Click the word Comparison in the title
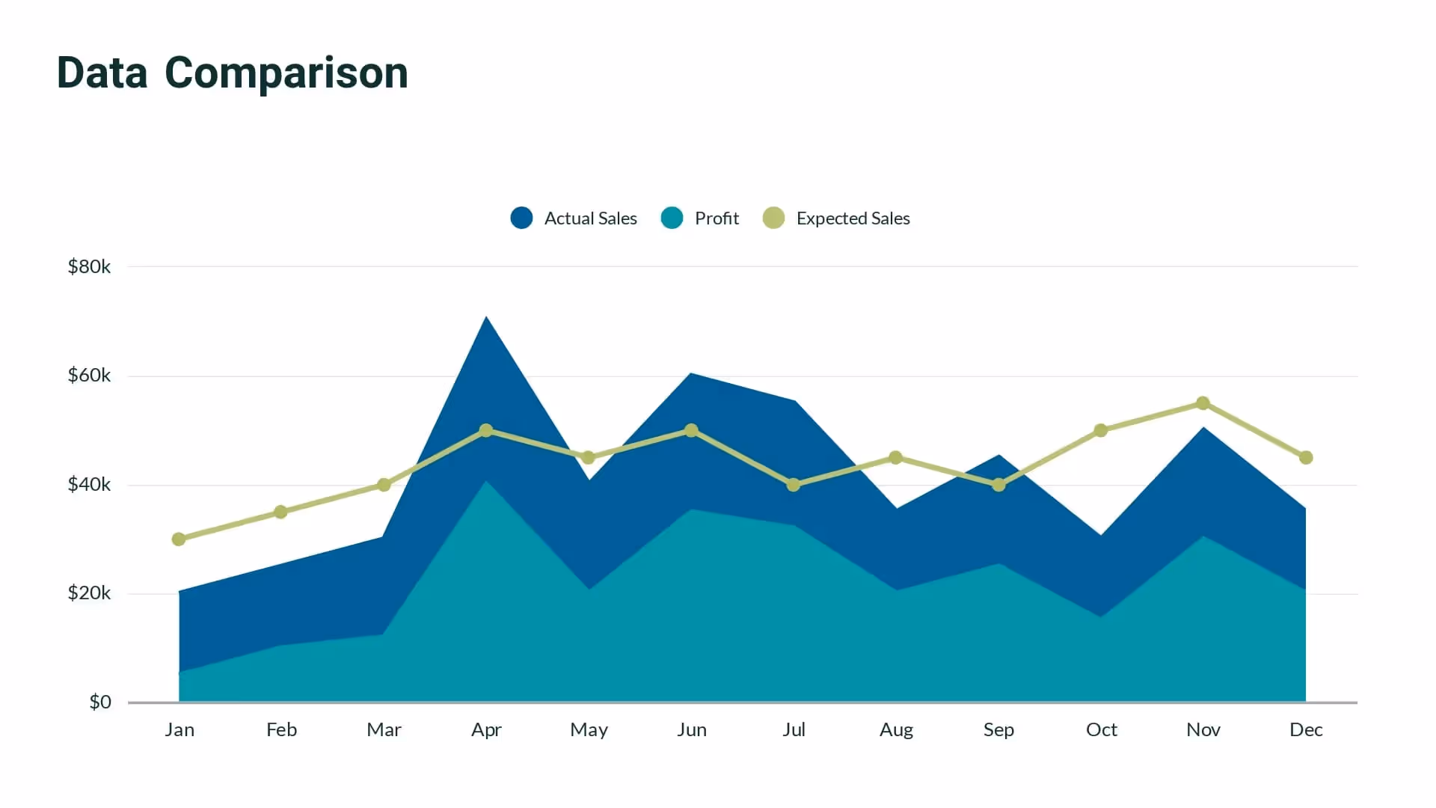[x=286, y=73]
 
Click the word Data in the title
[x=102, y=73]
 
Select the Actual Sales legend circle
[x=521, y=218]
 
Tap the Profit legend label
[x=716, y=218]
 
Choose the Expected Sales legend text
[x=853, y=218]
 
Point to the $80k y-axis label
[x=89, y=266]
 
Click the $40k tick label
[x=89, y=484]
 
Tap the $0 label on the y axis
[x=99, y=702]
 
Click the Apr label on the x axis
[x=486, y=729]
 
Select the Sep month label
[x=998, y=729]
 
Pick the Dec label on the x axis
[x=1306, y=729]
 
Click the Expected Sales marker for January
[x=179, y=539]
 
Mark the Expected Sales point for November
[x=1203, y=403]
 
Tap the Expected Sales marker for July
[x=794, y=485]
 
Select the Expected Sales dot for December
[x=1306, y=457]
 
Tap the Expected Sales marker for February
[x=280, y=512]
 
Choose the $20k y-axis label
[x=89, y=593]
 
